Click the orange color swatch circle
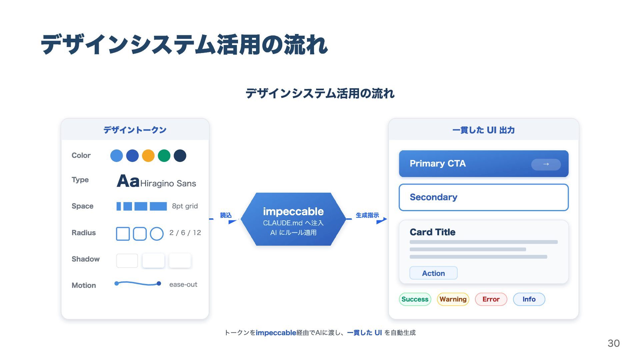point(148,156)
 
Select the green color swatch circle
point(164,156)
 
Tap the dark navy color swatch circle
point(180,156)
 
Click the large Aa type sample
point(128,181)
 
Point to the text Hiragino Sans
point(168,183)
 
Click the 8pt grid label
point(185,206)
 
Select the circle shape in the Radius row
point(157,234)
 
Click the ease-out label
point(183,284)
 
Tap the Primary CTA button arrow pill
point(546,164)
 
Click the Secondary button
point(483,197)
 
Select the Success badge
point(415,299)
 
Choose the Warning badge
point(453,299)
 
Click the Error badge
point(491,299)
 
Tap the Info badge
point(529,299)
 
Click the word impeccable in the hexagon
point(293,211)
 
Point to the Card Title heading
point(432,232)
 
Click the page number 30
point(613,343)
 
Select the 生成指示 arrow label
point(367,215)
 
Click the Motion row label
point(84,285)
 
